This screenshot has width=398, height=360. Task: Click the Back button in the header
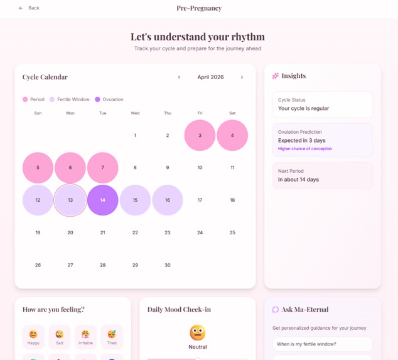click(29, 8)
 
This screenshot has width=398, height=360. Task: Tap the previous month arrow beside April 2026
click(179, 77)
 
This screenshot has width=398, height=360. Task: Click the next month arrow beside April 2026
click(242, 77)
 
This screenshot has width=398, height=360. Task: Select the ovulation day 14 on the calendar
click(103, 200)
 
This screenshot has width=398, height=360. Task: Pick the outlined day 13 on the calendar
click(70, 200)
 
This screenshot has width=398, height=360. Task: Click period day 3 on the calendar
click(200, 136)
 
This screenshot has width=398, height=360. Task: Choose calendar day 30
click(168, 265)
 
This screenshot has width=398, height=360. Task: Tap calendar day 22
click(135, 232)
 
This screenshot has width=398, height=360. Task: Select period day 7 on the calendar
click(103, 168)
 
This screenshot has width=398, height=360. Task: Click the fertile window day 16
click(168, 200)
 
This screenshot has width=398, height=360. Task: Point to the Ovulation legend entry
click(109, 99)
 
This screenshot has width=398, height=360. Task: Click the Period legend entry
click(33, 99)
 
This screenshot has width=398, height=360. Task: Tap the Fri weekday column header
click(200, 113)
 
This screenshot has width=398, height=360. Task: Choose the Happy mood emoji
click(33, 336)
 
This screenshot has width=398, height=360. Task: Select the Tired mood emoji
click(112, 336)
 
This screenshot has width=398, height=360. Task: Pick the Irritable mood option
click(85, 336)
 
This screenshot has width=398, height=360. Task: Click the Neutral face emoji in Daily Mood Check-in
click(198, 332)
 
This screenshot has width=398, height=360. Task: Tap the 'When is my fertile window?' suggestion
click(322, 344)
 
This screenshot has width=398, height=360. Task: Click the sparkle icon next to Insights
click(275, 76)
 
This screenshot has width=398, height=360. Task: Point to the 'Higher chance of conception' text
click(305, 149)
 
